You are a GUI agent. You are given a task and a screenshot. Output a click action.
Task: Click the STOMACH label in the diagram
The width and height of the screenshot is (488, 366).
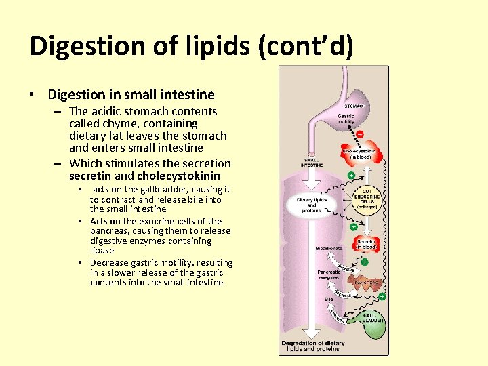pyautogui.click(x=356, y=106)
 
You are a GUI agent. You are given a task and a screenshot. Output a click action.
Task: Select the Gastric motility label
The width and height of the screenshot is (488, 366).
pyautogui.click(x=346, y=120)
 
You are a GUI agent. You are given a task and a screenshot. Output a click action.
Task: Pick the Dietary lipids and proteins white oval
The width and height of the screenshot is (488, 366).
pyautogui.click(x=312, y=204)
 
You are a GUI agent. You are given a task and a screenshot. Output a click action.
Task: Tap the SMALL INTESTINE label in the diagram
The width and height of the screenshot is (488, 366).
pyautogui.click(x=312, y=163)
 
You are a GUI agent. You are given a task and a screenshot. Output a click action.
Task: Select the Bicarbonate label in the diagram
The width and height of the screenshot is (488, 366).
pyautogui.click(x=329, y=249)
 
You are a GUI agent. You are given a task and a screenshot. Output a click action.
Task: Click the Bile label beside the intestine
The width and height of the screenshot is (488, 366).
pyautogui.click(x=329, y=298)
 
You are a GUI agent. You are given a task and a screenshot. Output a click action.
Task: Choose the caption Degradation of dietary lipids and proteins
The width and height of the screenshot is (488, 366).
pyautogui.click(x=313, y=346)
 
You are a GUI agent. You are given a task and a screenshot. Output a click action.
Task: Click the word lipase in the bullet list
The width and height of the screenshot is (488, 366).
pyautogui.click(x=102, y=251)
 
